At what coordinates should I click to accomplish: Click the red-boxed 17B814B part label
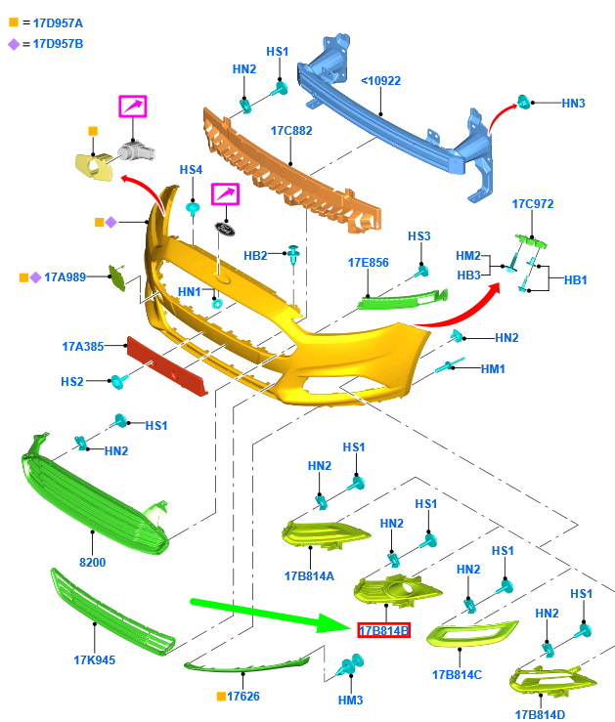coord(383,631)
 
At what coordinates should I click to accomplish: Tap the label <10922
coord(380,81)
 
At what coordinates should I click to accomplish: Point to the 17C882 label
coord(291,130)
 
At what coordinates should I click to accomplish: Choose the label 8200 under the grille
coord(92,562)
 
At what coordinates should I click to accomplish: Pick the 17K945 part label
coord(94,659)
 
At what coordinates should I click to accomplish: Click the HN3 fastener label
coord(573,103)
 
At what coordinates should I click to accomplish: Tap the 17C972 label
coord(533,204)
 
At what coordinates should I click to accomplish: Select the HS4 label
coord(191,169)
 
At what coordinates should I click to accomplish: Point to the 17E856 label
coord(369,262)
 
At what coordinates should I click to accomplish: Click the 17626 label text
coord(243,697)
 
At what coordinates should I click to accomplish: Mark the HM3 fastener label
coord(350,701)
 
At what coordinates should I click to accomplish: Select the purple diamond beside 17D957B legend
coord(14,43)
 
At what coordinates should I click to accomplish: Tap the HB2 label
coord(255,256)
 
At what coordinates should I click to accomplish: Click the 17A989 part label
coord(66,277)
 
